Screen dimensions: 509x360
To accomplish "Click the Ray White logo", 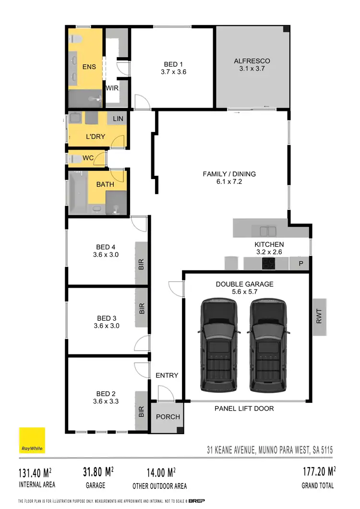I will pos(32,440).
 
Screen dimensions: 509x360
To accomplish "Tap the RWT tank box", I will pos(320,317).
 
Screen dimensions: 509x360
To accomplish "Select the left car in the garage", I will pos(219,345).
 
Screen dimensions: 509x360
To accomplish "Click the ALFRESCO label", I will pos(252,61).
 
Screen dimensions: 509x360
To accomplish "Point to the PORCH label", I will pos(168,416).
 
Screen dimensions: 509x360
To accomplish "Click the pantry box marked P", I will pos(300,264).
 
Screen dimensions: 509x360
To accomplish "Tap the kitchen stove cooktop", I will pos(268,264).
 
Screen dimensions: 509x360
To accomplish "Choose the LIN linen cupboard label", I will pos(118,119).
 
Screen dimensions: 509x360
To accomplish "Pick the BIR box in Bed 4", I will pos(142,263).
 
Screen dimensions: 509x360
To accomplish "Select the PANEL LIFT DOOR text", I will pos(244,408).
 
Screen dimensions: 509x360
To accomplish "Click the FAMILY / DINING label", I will pos(229,174).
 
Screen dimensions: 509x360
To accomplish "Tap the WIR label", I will pos(112,88).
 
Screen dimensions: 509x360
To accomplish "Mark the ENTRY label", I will pos(167,375).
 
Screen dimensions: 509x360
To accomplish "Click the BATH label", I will pos(105,184).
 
